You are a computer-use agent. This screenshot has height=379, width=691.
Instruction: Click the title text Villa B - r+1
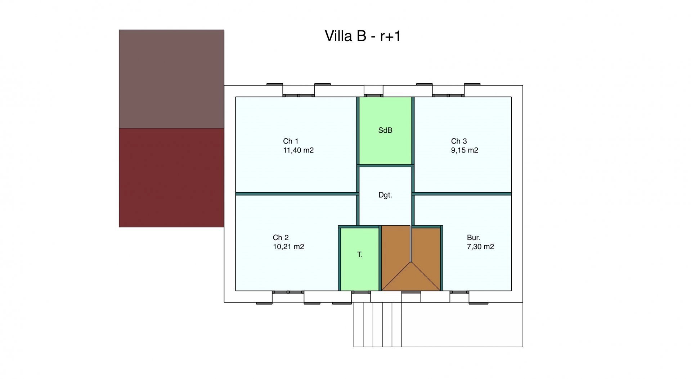(363, 36)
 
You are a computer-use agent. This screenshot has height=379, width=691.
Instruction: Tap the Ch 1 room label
(291, 141)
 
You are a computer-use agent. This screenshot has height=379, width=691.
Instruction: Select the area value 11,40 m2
(298, 150)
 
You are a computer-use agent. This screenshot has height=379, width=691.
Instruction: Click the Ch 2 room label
(281, 238)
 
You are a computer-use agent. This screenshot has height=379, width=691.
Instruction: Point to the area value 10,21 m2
(288, 247)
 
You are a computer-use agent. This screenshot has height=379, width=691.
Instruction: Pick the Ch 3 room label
(459, 141)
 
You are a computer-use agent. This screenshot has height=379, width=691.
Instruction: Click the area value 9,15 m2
(465, 150)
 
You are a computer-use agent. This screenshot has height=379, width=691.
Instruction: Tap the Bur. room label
(474, 238)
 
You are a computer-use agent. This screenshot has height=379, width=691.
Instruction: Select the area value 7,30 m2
(480, 247)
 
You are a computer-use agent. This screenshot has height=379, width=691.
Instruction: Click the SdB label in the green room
(385, 131)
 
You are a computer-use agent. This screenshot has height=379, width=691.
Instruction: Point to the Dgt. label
(385, 195)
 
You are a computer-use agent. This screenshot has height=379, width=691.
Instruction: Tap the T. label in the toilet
(360, 255)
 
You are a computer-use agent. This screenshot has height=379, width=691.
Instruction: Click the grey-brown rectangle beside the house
(171, 79)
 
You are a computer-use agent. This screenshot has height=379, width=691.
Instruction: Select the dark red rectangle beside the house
(171, 178)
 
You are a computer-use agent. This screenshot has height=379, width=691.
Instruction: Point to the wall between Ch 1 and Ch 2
(297, 194)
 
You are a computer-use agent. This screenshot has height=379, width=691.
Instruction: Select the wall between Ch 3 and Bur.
(462, 194)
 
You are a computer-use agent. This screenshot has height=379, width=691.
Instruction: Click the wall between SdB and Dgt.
(385, 166)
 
